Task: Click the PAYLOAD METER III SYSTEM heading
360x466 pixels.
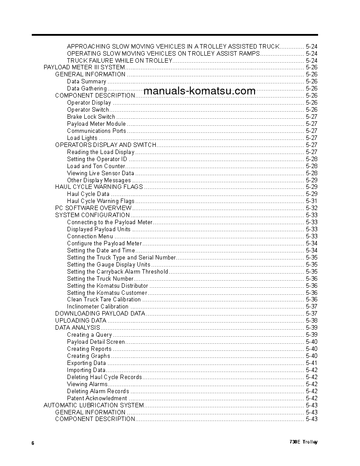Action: click(84, 68)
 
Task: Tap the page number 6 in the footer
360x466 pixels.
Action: click(33, 443)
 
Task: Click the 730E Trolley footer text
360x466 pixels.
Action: click(304, 442)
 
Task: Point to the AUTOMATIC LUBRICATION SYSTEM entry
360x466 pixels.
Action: click(94, 405)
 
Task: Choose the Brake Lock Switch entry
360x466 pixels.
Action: click(91, 117)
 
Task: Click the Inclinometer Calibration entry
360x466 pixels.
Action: click(97, 307)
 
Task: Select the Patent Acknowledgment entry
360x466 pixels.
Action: click(97, 398)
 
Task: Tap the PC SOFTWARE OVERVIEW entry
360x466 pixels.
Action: click(93, 208)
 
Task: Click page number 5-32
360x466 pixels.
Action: click(311, 208)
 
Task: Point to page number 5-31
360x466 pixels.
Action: click(311, 201)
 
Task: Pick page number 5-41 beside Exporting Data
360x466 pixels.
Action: click(311, 363)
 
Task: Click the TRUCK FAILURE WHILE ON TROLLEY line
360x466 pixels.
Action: click(119, 60)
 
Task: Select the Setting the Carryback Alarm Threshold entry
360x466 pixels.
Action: click(117, 272)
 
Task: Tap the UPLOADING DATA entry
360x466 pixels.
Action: click(80, 320)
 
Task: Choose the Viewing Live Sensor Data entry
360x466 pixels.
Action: click(100, 173)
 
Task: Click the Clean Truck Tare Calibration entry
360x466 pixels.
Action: click(104, 300)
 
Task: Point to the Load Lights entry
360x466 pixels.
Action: click(82, 138)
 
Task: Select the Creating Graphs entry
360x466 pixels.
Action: click(88, 356)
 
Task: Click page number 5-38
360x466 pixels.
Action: click(311, 321)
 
